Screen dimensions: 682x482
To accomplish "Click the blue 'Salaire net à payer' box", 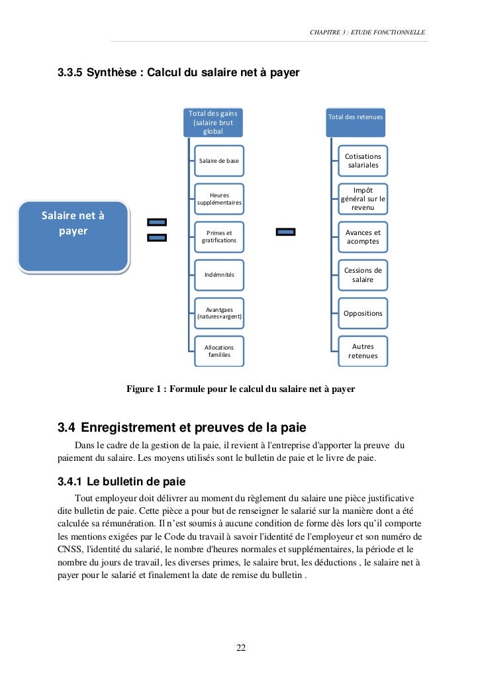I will coord(73,236).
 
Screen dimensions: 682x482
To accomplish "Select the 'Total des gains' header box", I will coord(213,122).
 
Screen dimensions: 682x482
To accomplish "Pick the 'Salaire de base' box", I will coord(219,161).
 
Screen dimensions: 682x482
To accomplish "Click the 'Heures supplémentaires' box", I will coord(219,199).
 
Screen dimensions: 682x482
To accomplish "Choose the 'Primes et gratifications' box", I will coord(219,236).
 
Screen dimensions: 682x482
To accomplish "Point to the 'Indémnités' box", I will coord(219,274).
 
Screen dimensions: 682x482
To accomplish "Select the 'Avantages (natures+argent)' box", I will coord(219,313).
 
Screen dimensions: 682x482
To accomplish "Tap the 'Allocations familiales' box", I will coord(219,351).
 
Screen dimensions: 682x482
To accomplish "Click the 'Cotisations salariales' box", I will coord(363,161).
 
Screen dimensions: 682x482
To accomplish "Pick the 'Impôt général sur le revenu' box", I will coord(363,199).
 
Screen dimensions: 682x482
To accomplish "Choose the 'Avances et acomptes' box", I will coord(363,237).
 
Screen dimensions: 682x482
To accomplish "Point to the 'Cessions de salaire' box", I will coord(363,275).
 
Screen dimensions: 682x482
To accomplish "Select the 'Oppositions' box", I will coord(363,313).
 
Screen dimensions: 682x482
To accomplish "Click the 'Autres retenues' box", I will coord(363,351).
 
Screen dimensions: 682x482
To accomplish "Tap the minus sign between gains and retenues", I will coord(285,232).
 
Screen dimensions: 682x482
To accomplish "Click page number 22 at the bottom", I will coord(241,648).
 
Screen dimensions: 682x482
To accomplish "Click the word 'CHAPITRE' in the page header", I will coord(325,32).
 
